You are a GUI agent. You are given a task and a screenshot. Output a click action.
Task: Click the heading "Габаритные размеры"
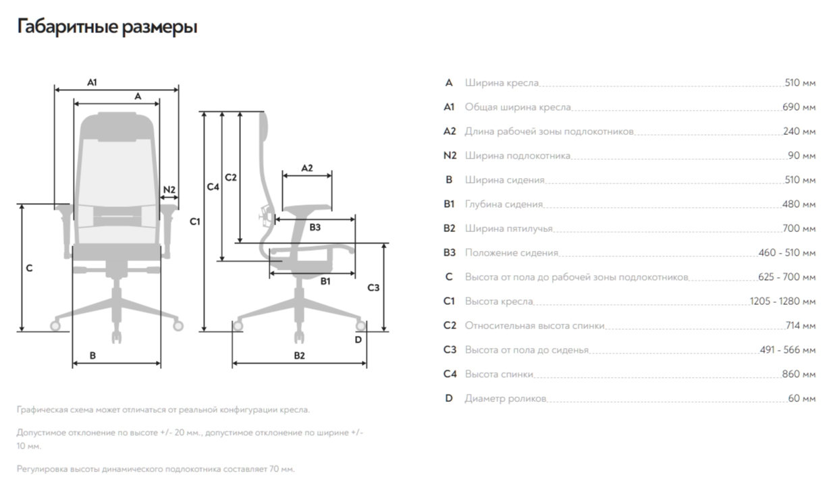(x=107, y=28)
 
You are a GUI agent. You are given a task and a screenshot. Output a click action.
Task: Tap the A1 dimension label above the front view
(x=92, y=82)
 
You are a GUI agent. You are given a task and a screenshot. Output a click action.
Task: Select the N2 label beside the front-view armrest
(x=169, y=190)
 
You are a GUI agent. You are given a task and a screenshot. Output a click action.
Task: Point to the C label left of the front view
(x=29, y=268)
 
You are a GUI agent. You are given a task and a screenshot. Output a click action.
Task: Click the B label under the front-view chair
(x=92, y=355)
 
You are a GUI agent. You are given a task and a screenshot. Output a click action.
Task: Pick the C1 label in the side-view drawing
(x=194, y=221)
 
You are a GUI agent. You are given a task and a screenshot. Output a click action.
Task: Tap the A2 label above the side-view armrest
(x=306, y=167)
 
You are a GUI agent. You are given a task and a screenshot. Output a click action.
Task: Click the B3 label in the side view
(x=315, y=228)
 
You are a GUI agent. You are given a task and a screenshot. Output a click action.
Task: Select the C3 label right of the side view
(x=373, y=288)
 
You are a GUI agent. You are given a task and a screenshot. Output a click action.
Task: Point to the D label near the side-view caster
(x=358, y=339)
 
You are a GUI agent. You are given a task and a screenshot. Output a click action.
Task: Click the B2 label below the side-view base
(x=299, y=355)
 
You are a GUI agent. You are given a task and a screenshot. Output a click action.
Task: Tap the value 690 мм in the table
(x=799, y=107)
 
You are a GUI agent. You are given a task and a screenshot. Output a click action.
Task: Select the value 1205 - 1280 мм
(x=782, y=301)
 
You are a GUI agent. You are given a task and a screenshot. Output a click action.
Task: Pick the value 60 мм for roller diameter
(x=802, y=399)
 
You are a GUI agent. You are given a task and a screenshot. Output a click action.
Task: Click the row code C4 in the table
(x=450, y=374)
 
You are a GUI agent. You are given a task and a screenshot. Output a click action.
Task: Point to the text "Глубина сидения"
(x=504, y=204)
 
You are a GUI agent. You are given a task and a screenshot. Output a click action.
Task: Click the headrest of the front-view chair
(x=117, y=126)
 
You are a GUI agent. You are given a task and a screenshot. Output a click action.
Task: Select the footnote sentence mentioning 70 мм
(x=156, y=469)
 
